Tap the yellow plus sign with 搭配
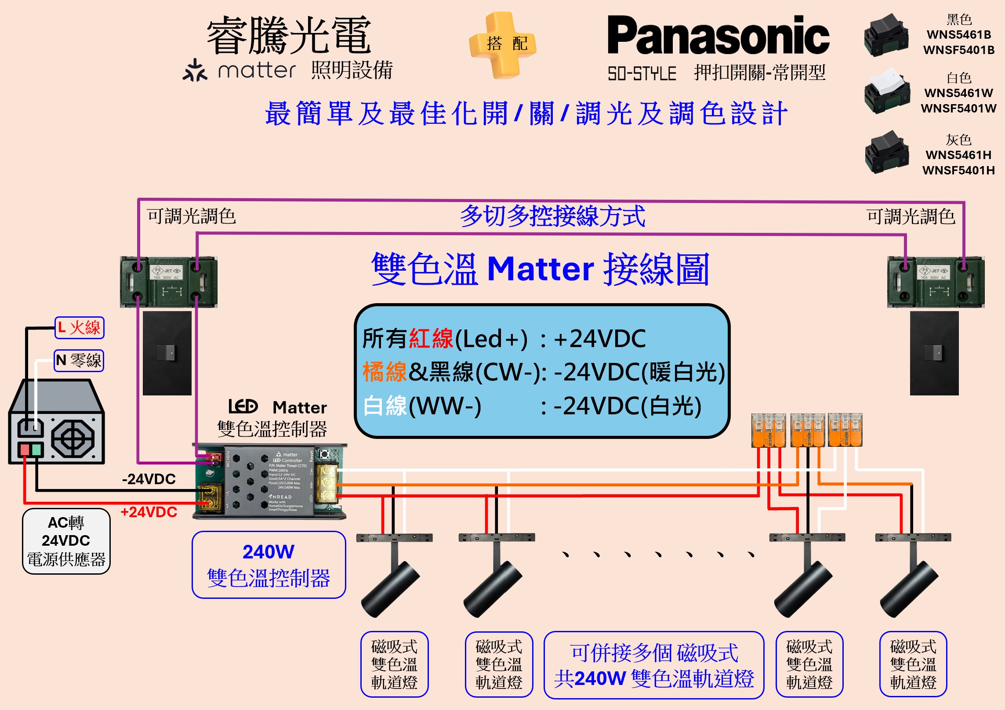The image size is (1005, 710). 503,44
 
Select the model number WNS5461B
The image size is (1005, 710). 958,34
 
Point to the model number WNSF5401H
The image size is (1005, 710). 958,170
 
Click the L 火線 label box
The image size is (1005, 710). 80,328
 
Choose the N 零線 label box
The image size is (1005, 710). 79,361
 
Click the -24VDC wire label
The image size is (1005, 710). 149,479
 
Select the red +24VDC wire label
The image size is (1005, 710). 149,512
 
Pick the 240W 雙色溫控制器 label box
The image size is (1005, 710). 268,565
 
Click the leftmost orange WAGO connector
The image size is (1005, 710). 768,431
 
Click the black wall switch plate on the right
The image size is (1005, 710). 934,353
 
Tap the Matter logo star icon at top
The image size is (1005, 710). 195,71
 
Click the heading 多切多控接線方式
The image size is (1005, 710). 552,216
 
